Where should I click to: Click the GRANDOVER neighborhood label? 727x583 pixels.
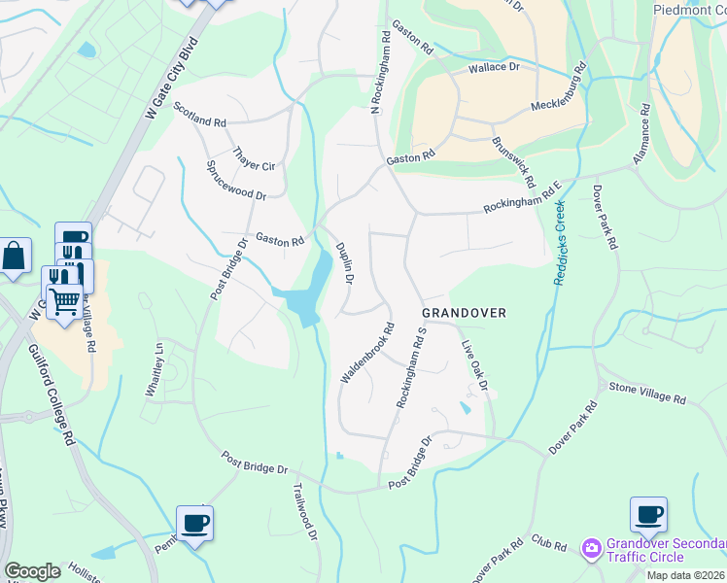pos(465,313)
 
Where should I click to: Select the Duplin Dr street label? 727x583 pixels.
pos(344,262)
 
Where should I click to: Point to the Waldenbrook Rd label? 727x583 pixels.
pos(365,353)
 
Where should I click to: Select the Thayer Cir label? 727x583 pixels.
pos(256,159)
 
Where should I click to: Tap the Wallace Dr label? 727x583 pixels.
pos(495,68)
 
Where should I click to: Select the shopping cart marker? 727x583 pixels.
pos(63,299)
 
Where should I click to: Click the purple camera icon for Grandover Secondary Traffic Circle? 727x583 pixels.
pos(591,550)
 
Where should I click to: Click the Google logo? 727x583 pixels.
pos(32,571)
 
